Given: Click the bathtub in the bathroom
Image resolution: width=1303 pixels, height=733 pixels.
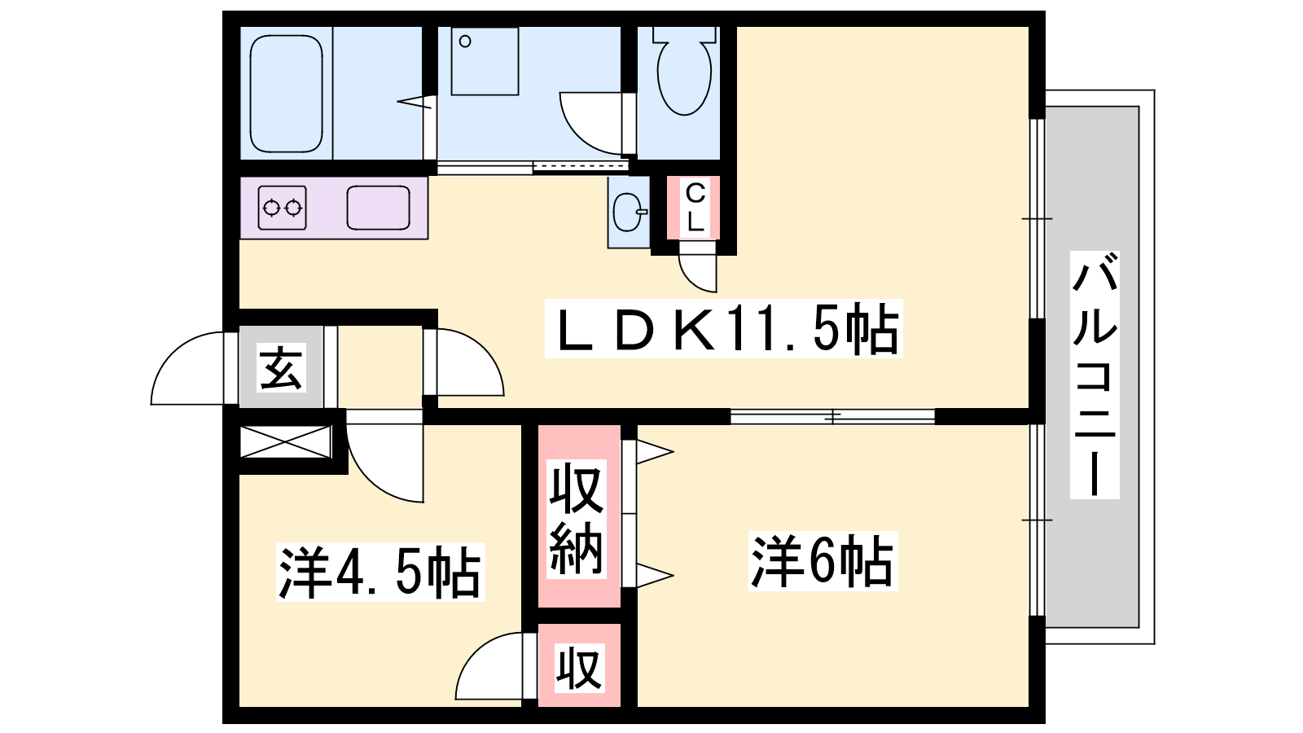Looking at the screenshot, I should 286,94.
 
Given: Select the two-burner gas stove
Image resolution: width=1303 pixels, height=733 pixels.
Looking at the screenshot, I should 282,208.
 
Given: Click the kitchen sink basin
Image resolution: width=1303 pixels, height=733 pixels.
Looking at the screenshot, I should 378,208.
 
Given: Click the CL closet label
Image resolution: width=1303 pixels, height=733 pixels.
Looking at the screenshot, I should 695,208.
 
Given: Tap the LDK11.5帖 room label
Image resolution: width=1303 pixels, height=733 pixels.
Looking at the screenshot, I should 724,329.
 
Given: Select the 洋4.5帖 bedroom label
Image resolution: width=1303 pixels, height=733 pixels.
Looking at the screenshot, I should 379,573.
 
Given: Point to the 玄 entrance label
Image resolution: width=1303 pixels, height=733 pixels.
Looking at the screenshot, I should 281,367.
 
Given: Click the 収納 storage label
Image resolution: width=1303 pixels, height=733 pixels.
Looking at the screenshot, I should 577,519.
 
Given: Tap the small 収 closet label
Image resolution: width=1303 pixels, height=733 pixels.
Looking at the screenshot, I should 578,668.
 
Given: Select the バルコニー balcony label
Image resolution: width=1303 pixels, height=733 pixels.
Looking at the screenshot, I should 1095,375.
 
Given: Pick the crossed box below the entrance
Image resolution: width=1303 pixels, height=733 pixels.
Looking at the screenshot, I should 285,442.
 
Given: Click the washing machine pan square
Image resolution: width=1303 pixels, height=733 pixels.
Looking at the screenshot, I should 485,61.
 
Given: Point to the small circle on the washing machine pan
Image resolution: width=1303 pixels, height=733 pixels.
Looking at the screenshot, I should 465,41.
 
